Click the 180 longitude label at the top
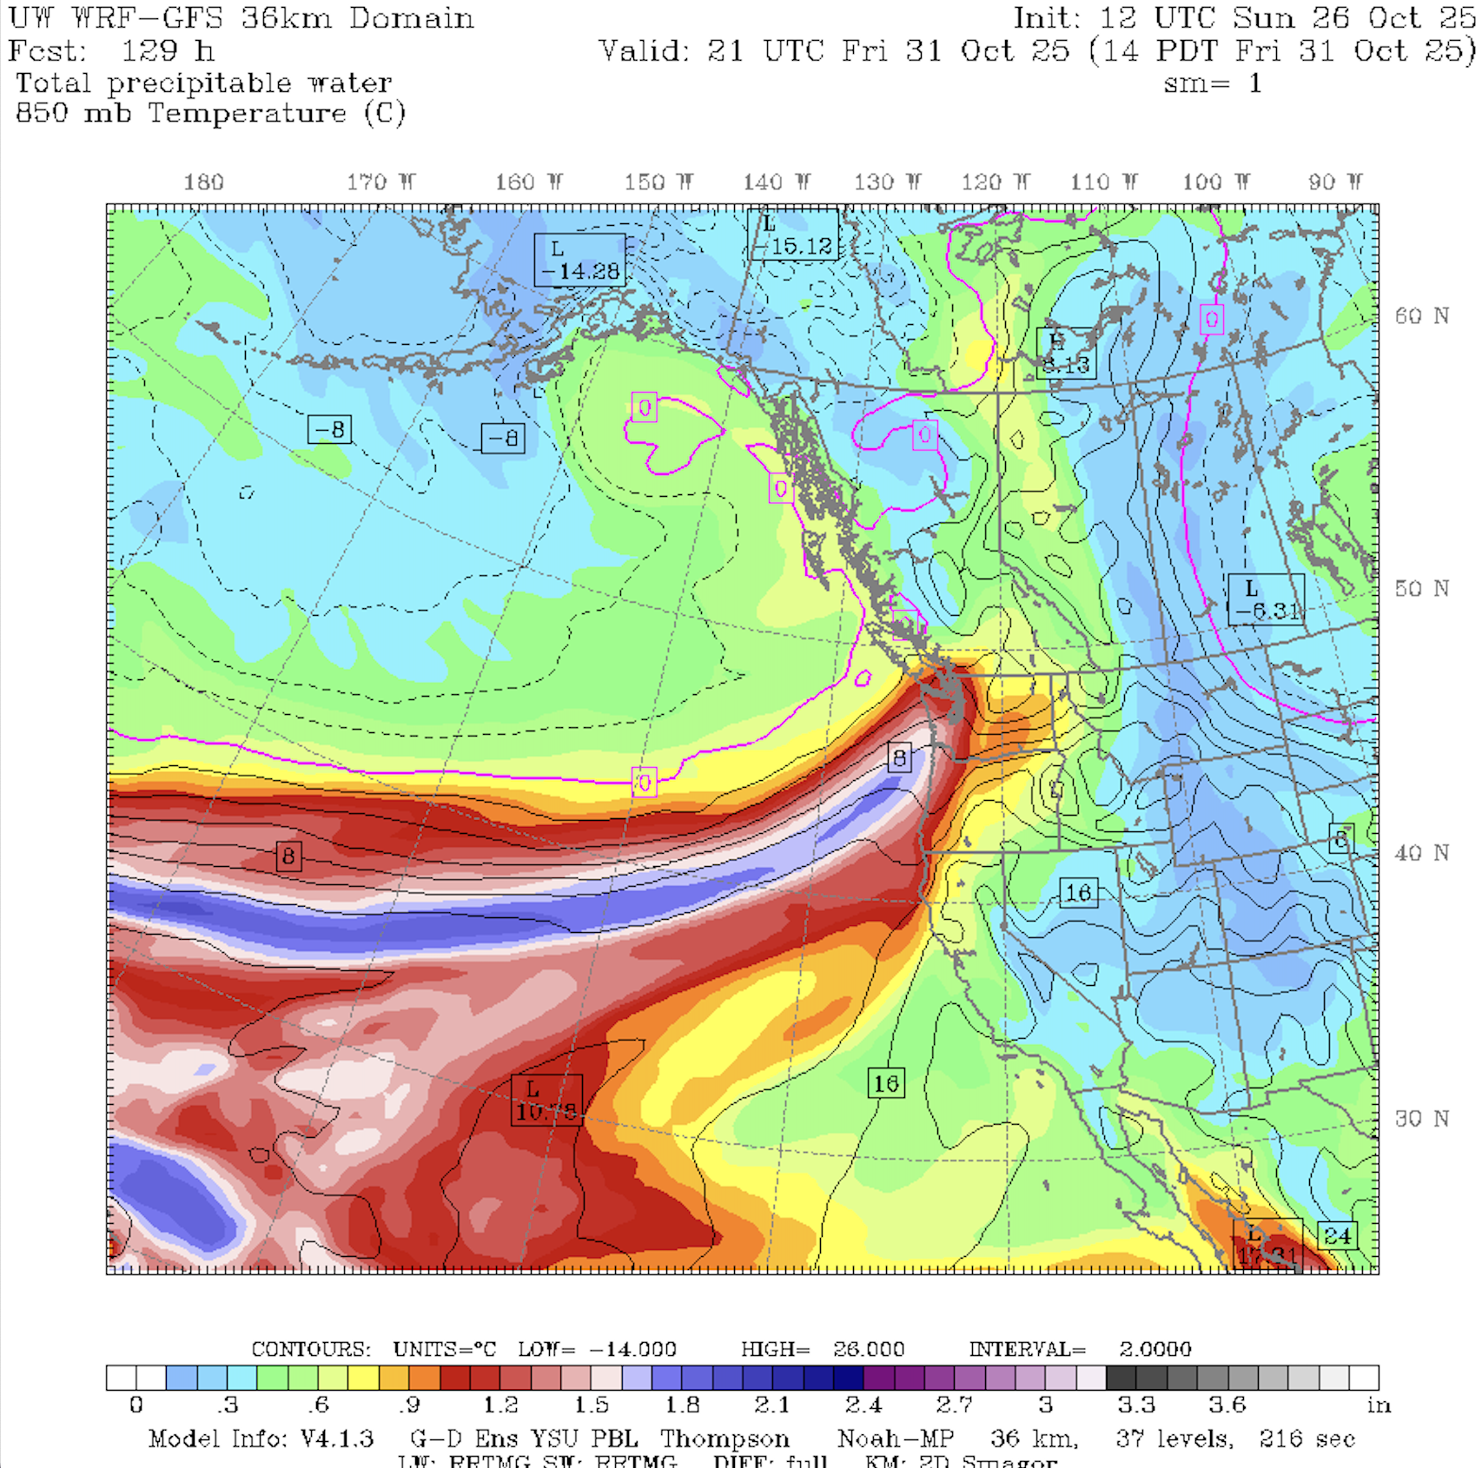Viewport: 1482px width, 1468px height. (203, 182)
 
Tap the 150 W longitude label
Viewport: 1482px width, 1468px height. (658, 182)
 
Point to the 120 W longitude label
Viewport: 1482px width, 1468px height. (996, 182)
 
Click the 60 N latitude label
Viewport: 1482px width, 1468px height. (1421, 316)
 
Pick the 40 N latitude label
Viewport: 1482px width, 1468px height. (1421, 853)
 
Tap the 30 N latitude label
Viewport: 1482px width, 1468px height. (1421, 1119)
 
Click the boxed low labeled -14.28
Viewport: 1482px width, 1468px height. (579, 260)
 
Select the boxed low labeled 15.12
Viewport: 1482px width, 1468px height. (793, 235)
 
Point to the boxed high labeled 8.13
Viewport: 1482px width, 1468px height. (1066, 353)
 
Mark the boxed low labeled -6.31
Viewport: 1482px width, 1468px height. (1266, 599)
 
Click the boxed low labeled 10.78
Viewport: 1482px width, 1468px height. (546, 1101)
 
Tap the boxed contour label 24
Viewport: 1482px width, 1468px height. (1337, 1235)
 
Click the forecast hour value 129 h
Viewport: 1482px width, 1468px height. (168, 51)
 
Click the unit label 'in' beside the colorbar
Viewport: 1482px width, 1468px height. (1378, 1405)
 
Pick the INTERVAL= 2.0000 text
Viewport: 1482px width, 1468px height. (1080, 1349)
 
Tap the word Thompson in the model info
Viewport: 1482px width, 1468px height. (724, 1439)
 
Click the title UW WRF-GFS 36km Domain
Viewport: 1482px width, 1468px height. (241, 18)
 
